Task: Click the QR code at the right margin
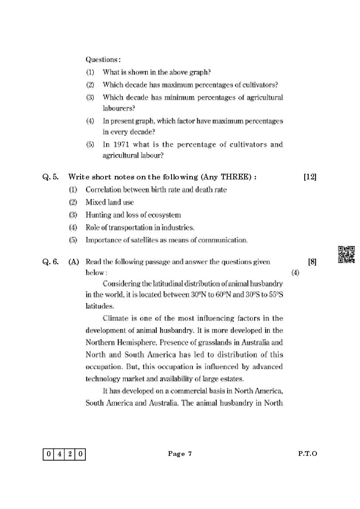pos(347,255)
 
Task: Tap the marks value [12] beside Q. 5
pos(310,177)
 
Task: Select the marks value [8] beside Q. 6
pos(312,262)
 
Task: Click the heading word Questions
pos(103,59)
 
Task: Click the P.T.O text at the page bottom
pos(307,454)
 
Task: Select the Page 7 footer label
pos(180,454)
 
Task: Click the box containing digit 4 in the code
pos(59,455)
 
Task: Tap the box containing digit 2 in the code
pos(69,455)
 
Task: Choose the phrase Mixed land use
pos(110,202)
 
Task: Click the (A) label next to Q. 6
pos(74,262)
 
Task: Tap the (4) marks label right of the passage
pos(295,273)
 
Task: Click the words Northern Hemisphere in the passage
pos(119,342)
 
